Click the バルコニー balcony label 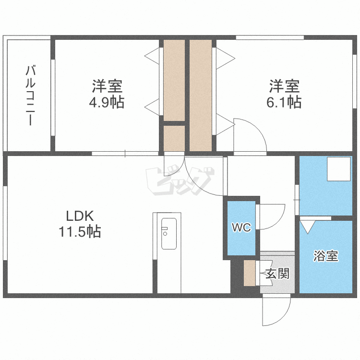pyautogui.click(x=30, y=96)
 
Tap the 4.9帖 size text pyautogui.click(x=107, y=102)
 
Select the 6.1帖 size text pyautogui.click(x=284, y=102)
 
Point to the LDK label pyautogui.click(x=80, y=216)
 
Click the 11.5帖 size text pyautogui.click(x=80, y=231)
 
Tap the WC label pyautogui.click(x=241, y=228)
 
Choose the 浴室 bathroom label pyautogui.click(x=326, y=256)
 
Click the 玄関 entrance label pyautogui.click(x=277, y=274)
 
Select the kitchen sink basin pyautogui.click(x=169, y=234)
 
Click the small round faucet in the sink pyautogui.click(x=165, y=234)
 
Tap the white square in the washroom pyautogui.click(x=339, y=169)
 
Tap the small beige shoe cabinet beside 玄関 pyautogui.click(x=249, y=273)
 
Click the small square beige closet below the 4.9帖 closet pyautogui.click(x=174, y=138)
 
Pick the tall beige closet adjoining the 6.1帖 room pyautogui.click(x=201, y=96)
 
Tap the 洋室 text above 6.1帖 pyautogui.click(x=284, y=86)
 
